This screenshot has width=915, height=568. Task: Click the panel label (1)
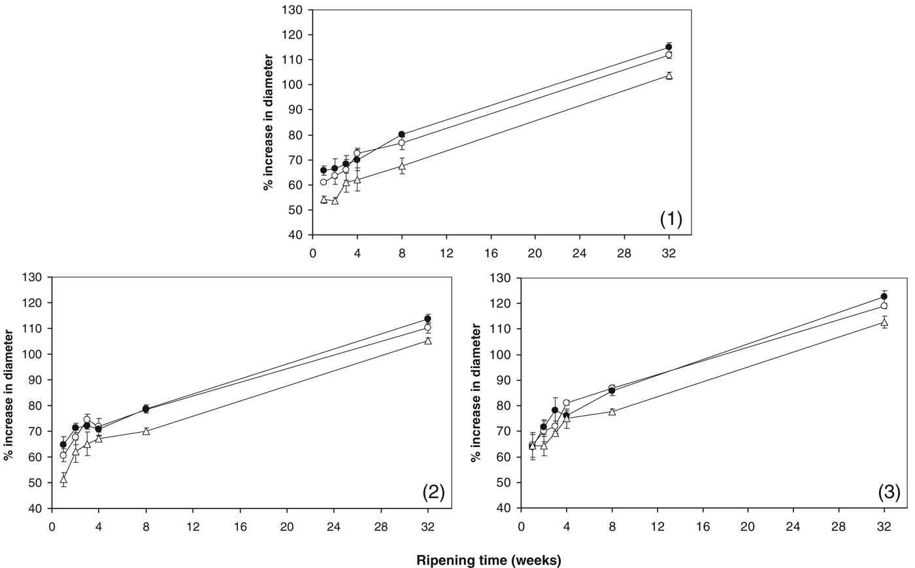point(671,219)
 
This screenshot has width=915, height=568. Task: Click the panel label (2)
point(433,492)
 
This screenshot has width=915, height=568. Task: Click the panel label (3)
point(889,492)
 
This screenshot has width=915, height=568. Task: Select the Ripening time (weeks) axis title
point(489,560)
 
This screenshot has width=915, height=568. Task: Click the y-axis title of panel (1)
point(268,122)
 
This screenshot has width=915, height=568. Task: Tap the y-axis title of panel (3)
point(476,393)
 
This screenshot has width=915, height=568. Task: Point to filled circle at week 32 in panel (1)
point(669,47)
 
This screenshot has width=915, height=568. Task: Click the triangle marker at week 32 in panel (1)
point(669,75)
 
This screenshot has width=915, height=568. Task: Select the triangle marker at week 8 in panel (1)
point(402,166)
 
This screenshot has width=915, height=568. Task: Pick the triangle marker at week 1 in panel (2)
point(63,479)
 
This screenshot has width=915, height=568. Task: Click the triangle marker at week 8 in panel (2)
point(146,431)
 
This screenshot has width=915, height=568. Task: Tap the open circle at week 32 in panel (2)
point(427,327)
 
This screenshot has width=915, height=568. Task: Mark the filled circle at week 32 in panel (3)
point(884,297)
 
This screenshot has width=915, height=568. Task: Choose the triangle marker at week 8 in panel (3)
point(612,411)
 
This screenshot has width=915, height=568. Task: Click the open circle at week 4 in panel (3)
point(566,403)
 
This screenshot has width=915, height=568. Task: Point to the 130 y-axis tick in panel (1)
point(292,10)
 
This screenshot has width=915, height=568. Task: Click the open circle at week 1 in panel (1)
point(324,182)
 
